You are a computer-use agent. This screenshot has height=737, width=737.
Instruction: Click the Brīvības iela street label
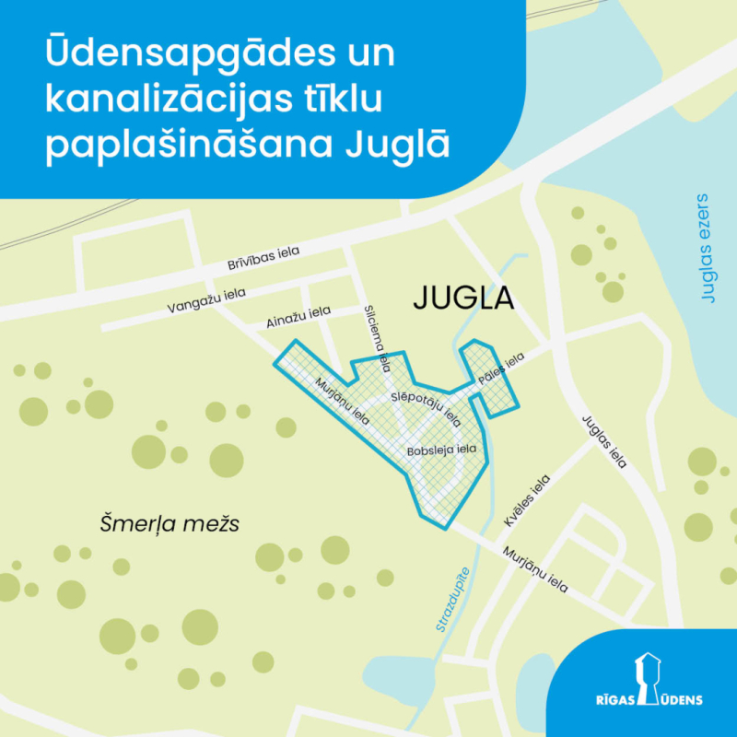(x=263, y=258)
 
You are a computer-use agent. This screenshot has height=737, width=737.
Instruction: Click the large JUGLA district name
(x=462, y=298)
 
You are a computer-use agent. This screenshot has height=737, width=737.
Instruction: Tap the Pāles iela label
(x=501, y=368)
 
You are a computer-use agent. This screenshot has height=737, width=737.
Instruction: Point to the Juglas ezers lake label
(x=707, y=249)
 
